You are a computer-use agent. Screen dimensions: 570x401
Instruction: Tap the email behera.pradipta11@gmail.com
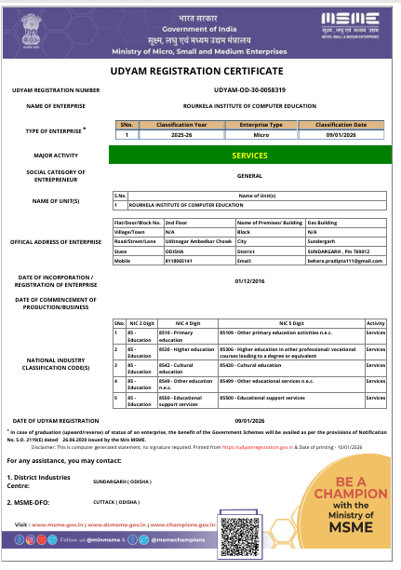pyautogui.click(x=330, y=263)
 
